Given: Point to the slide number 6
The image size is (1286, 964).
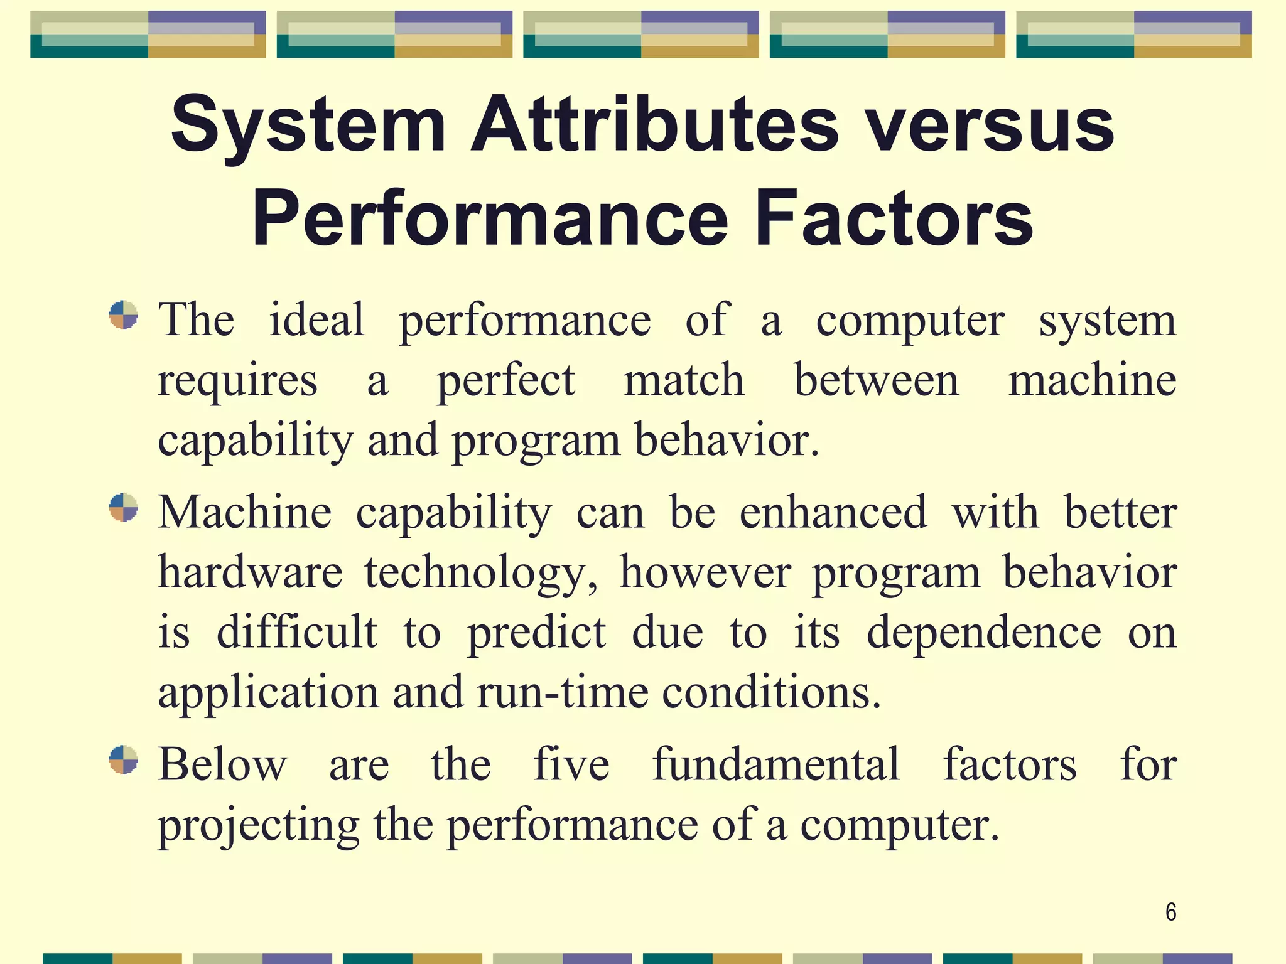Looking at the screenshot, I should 1170,912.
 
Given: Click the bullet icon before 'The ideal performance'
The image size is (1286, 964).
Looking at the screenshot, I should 123,315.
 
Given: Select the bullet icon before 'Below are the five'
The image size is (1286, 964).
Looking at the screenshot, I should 123,760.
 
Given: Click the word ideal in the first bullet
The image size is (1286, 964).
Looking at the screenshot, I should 316,319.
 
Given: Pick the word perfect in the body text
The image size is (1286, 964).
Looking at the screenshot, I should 505,380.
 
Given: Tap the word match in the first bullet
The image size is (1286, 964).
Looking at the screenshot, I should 684,380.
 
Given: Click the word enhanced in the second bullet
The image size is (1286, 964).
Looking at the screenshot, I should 833,512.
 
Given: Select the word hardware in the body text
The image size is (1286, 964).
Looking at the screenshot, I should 250,572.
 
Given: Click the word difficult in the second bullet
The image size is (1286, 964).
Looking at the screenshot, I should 297,632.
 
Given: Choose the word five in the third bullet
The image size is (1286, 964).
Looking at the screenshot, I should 571,764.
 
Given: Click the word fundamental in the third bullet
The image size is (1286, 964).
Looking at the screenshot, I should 776,764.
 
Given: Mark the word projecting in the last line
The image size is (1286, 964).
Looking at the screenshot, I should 258,826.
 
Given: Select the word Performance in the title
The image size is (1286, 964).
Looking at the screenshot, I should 490,218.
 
